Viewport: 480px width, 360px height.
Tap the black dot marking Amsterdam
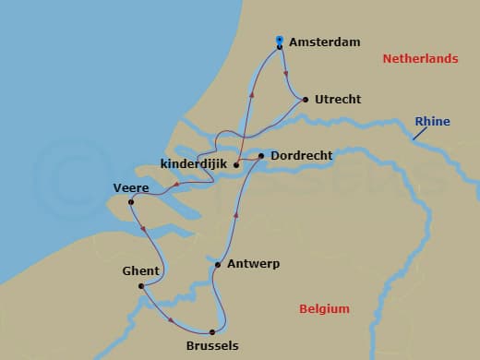point(280,46)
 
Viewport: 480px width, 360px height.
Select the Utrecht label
point(338,99)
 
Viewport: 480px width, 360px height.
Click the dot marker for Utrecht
point(305,99)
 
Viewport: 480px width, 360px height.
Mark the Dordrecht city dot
point(262,156)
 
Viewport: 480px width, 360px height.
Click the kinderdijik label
point(194,164)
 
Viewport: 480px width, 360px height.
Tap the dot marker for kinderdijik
point(237,166)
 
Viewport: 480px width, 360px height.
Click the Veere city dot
point(131,202)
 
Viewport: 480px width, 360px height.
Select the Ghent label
point(140,270)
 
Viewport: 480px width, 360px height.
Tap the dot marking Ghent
point(141,286)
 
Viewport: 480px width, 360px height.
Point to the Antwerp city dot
point(218,265)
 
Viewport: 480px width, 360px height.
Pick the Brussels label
point(212,346)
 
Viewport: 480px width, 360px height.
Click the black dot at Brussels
point(212,332)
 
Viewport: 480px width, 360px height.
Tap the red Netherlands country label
point(420,59)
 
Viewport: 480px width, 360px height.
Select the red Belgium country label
point(324,309)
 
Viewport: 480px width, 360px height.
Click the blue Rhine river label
point(433,121)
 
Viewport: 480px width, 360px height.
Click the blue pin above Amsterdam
point(280,39)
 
